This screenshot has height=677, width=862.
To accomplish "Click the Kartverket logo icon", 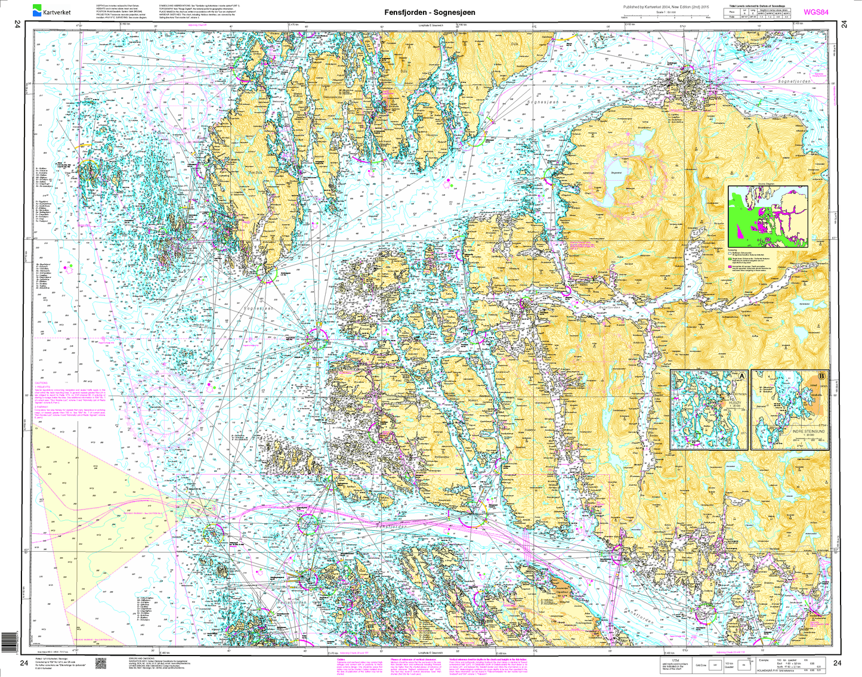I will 38,10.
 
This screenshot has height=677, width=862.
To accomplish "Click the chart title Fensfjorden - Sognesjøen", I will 430,12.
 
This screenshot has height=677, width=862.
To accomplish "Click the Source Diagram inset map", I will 768,216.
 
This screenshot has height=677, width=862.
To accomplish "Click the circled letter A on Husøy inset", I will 742,376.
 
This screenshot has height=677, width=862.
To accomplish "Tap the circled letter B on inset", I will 822,376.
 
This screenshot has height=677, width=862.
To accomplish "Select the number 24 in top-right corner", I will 844,24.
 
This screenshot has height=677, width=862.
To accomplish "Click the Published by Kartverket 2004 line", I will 666,7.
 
